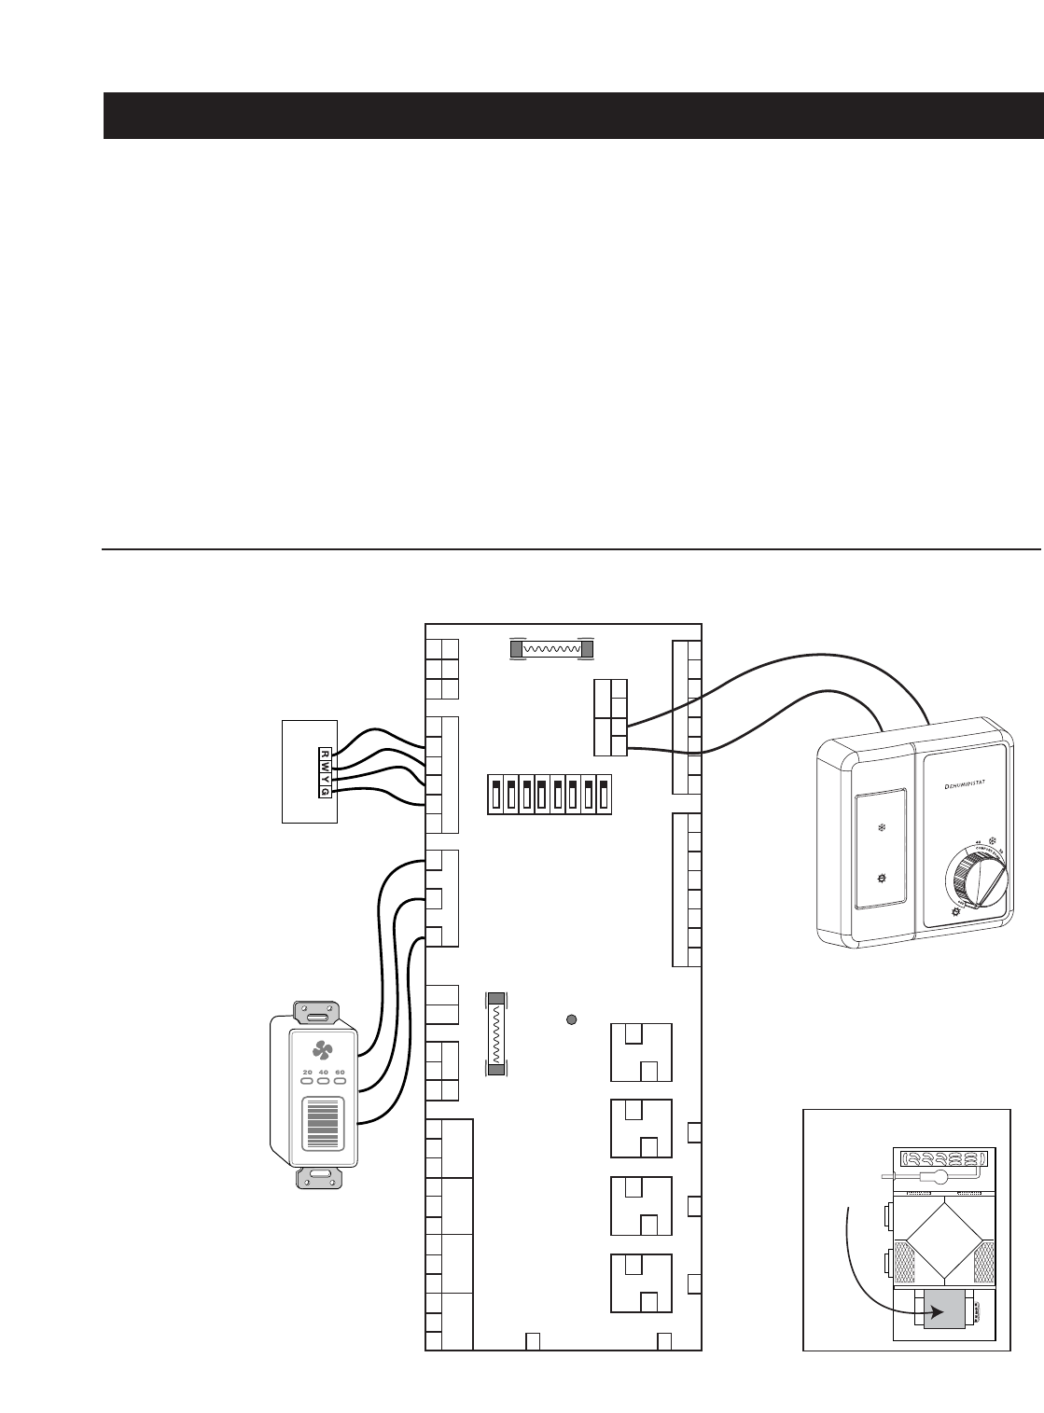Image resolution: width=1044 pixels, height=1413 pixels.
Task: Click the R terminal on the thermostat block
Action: click(x=324, y=754)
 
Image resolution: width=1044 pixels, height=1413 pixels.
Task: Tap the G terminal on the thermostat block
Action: click(x=324, y=791)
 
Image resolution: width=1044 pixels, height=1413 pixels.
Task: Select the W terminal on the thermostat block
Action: click(x=324, y=766)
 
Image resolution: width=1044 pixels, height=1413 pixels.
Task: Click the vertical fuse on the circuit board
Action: click(x=497, y=1033)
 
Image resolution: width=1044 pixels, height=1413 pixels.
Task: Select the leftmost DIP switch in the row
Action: click(x=496, y=795)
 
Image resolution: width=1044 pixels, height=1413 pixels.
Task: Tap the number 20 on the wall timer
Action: click(x=307, y=1073)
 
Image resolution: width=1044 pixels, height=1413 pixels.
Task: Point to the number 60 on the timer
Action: click(x=340, y=1073)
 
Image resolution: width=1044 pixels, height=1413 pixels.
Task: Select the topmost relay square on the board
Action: click(x=640, y=1052)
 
